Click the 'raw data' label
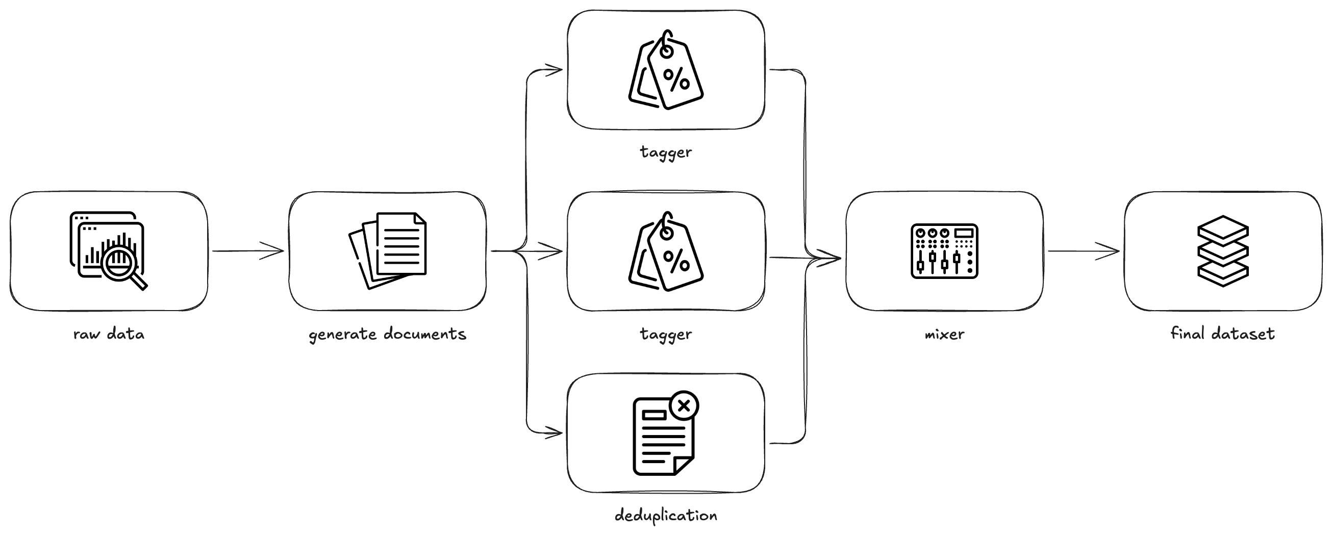(109, 335)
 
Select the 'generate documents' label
(387, 335)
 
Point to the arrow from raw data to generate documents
(248, 251)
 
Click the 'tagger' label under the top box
(665, 152)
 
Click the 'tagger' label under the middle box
(665, 335)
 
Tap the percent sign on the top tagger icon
(676, 79)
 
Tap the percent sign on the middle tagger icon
(676, 261)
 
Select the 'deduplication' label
(665, 515)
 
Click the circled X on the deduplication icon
(684, 405)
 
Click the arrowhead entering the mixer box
(831, 258)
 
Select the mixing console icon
(944, 251)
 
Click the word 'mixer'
(944, 335)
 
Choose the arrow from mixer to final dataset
(1083, 252)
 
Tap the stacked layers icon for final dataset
(1223, 251)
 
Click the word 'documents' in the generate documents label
(425, 334)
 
